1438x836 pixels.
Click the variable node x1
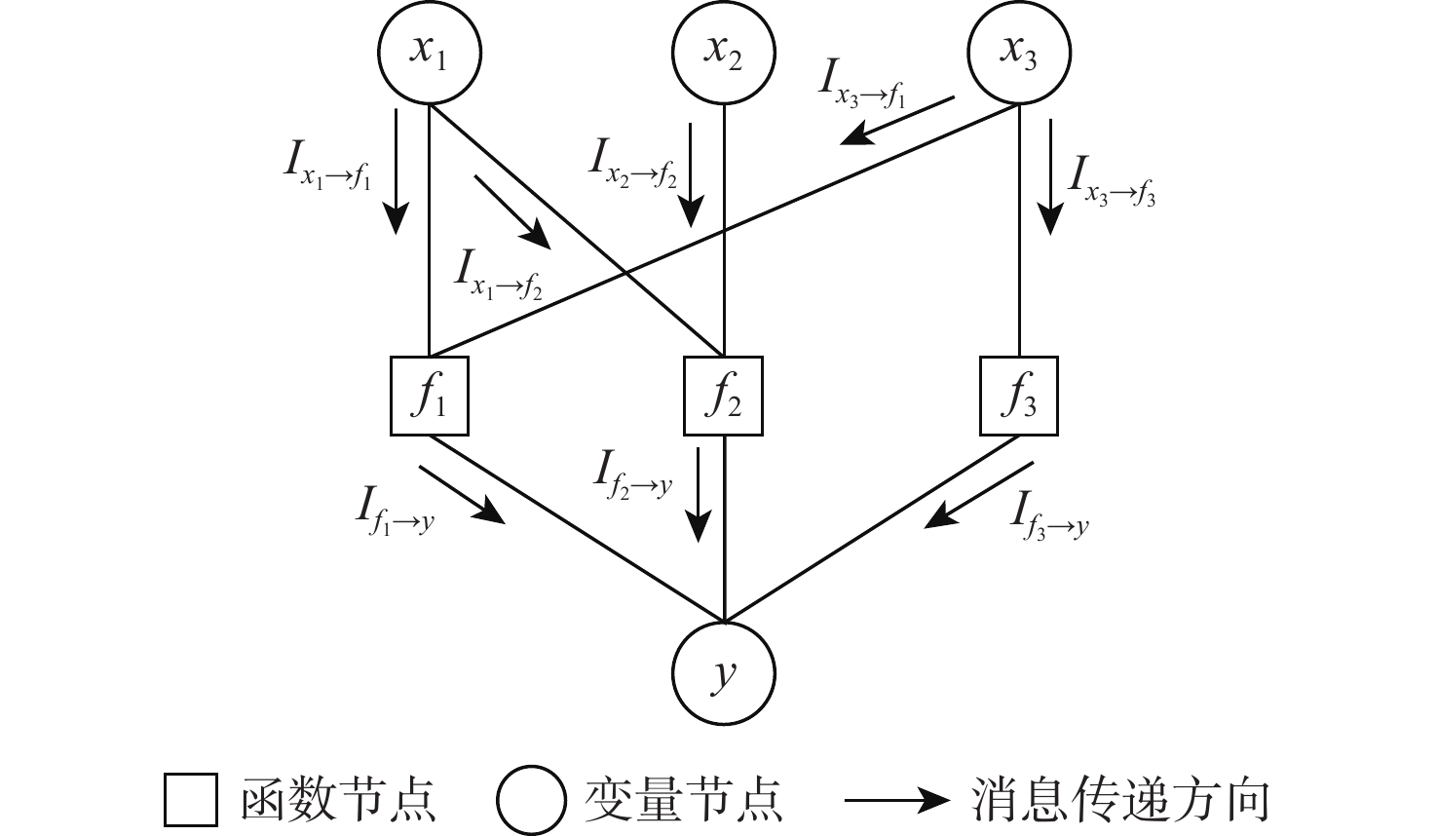(429, 53)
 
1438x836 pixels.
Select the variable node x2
(724, 53)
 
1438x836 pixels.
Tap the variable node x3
(1018, 53)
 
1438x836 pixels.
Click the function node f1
(429, 396)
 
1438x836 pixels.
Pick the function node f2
(724, 396)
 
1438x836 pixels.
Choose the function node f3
(1018, 396)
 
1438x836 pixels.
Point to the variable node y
(724, 672)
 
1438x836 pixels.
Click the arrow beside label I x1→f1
(396, 171)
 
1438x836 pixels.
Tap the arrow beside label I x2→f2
(691, 175)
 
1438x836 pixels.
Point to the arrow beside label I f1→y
(462, 495)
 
